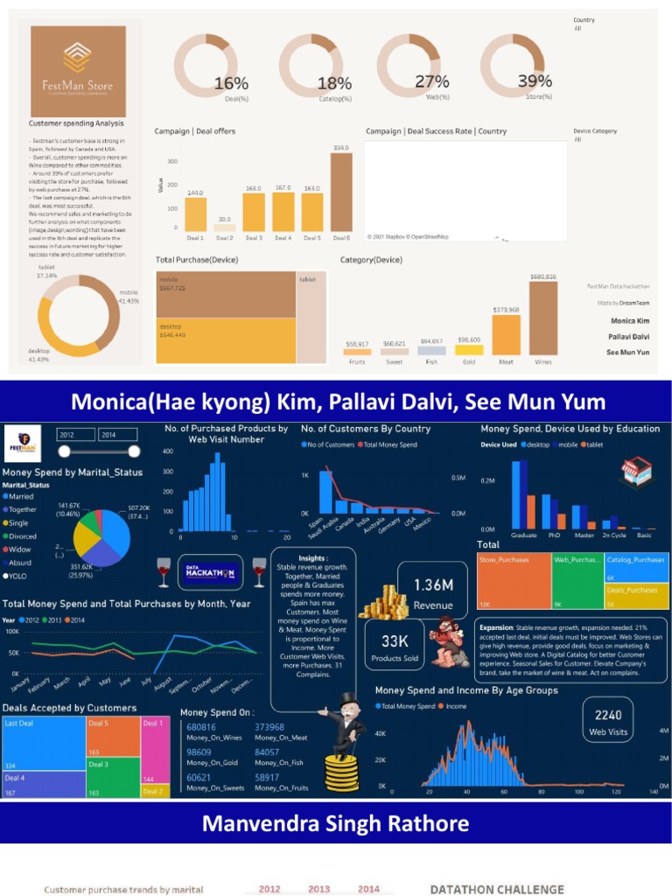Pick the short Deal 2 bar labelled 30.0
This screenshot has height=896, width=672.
[223, 226]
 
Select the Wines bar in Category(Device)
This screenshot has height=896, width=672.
[543, 318]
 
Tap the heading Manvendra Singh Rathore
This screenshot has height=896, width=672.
[335, 824]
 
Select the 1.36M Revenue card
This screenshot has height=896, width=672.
[433, 592]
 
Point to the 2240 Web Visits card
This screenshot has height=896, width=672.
[608, 721]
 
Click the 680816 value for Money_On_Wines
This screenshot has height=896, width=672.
[201, 727]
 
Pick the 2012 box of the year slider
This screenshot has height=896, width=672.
[76, 435]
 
